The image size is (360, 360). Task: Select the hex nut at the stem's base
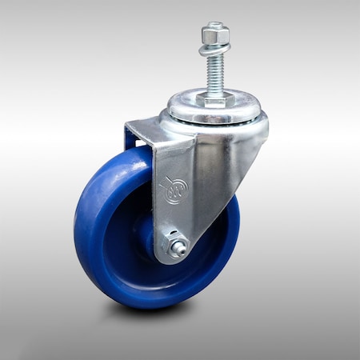214,99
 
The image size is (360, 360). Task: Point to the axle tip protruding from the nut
182,250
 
